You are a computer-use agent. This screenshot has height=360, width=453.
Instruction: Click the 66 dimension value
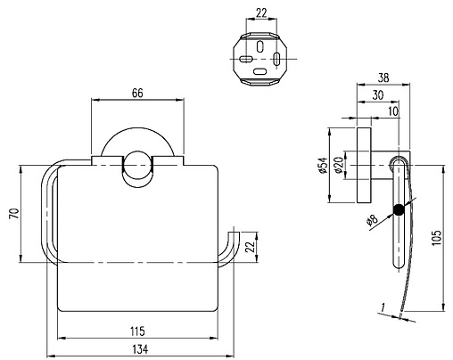[x=137, y=93]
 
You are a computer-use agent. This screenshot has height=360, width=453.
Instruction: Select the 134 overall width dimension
[x=140, y=349]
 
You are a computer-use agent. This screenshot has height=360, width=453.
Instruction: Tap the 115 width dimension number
[x=137, y=331]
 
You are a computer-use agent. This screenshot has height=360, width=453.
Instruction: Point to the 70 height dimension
[x=14, y=214]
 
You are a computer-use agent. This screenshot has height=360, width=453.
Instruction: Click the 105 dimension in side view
[x=437, y=238]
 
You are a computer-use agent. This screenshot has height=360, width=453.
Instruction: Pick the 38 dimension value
[x=383, y=78]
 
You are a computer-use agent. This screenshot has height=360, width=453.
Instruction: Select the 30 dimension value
[x=378, y=95]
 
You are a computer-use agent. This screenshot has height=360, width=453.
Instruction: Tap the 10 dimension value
[x=393, y=111]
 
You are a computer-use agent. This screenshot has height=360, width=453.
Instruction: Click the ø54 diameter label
[x=323, y=165]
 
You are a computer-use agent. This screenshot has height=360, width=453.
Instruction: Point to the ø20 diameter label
[x=339, y=165]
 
